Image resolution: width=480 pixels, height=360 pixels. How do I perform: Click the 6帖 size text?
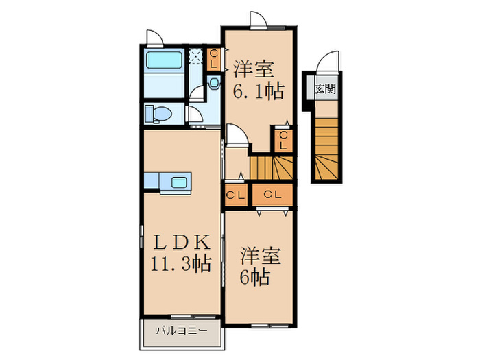(254, 277)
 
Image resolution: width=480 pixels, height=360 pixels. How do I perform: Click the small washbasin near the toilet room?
(213, 84)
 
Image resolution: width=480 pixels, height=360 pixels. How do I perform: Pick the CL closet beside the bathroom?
(214, 59)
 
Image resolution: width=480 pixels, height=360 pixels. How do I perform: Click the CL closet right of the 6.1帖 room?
(283, 140)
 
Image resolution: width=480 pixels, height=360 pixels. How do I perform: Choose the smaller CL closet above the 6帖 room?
(236, 195)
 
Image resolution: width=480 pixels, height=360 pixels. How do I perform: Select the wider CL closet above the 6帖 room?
(272, 195)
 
